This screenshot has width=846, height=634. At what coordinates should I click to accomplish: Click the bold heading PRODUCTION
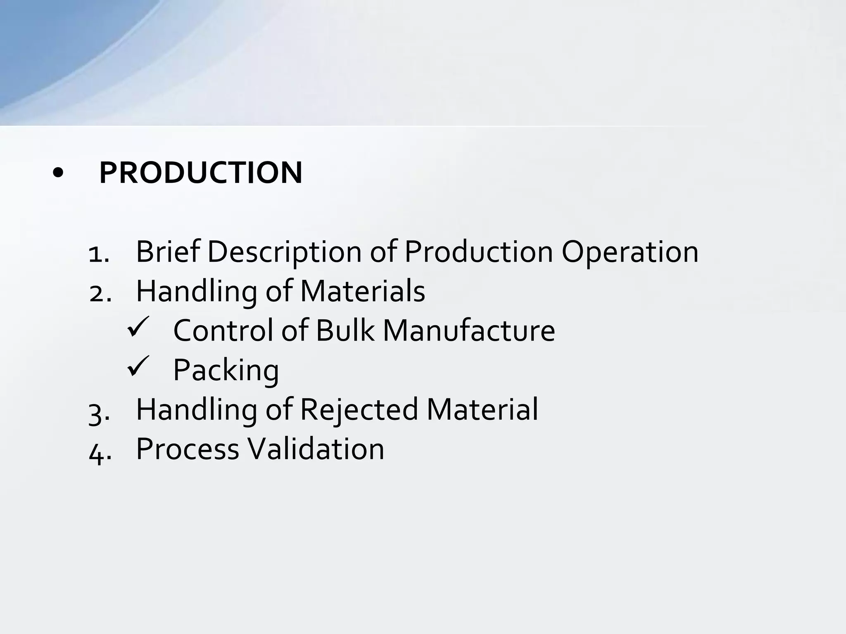201,173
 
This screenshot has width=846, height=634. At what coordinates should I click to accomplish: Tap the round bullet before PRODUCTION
58,174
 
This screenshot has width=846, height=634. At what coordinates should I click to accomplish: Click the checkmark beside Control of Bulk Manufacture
138,326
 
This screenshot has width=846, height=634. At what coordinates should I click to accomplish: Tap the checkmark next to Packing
138,366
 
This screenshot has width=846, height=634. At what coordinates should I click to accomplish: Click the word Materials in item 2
363,291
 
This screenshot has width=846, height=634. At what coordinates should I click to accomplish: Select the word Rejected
359,410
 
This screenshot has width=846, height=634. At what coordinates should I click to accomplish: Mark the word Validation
316,449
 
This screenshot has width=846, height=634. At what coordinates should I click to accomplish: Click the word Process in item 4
188,449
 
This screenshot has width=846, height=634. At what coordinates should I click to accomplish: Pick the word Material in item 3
482,409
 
